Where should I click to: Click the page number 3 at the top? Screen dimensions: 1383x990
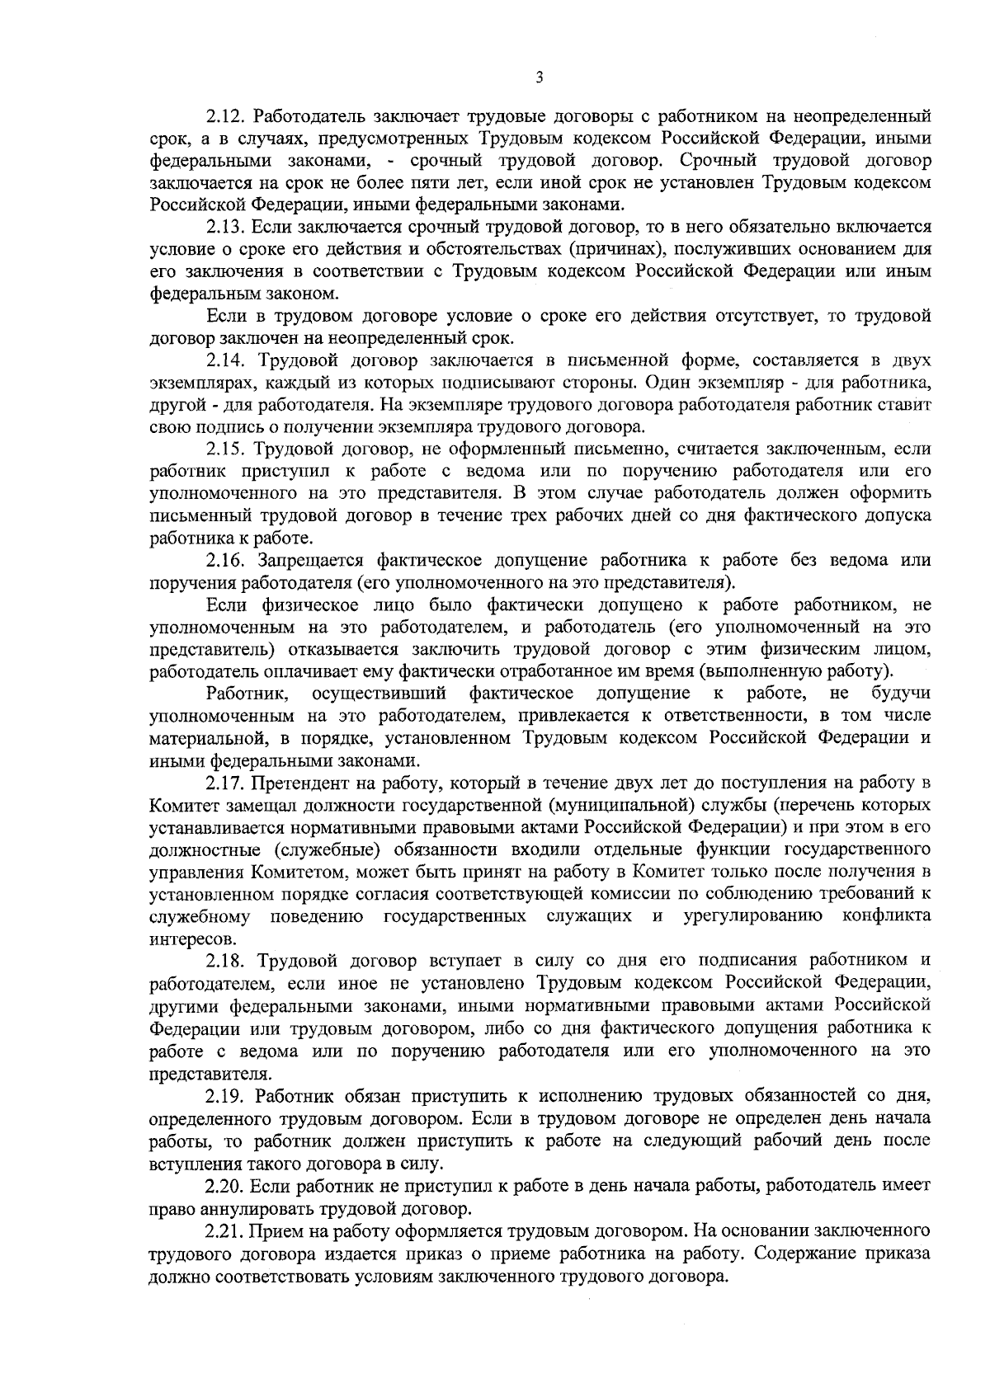539,78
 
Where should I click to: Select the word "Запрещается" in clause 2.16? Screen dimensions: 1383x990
310,561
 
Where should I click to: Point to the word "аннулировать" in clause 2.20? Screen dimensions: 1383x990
238,1209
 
